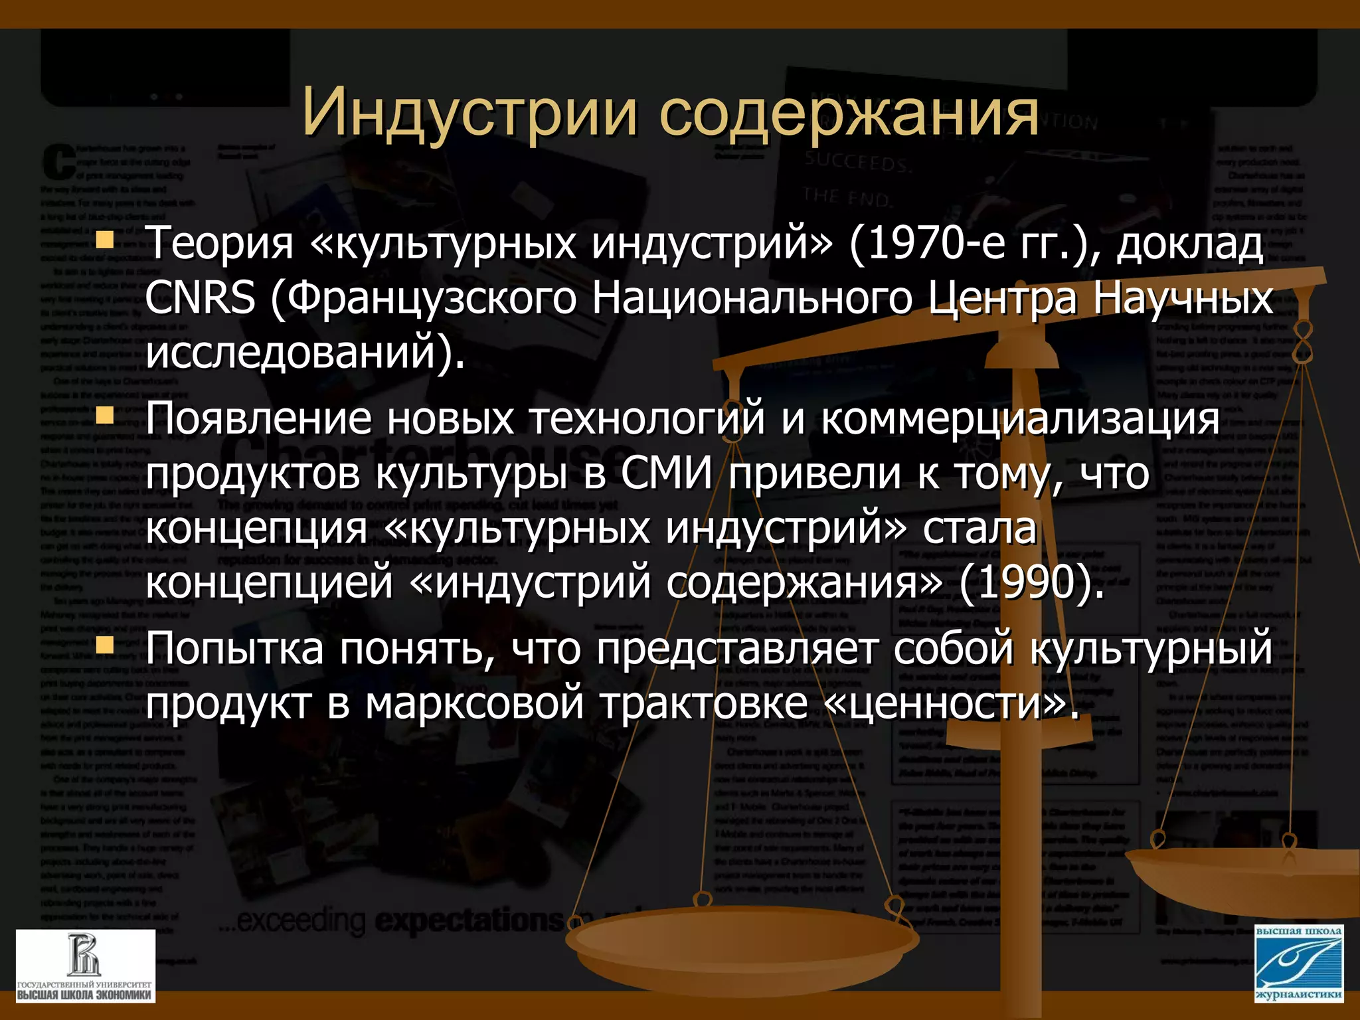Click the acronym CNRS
(x=200, y=297)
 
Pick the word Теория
(x=220, y=243)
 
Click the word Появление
(x=258, y=419)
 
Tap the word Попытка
(x=234, y=648)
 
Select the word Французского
(x=432, y=298)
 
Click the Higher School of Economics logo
(x=85, y=966)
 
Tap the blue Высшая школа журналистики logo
(x=1299, y=963)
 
